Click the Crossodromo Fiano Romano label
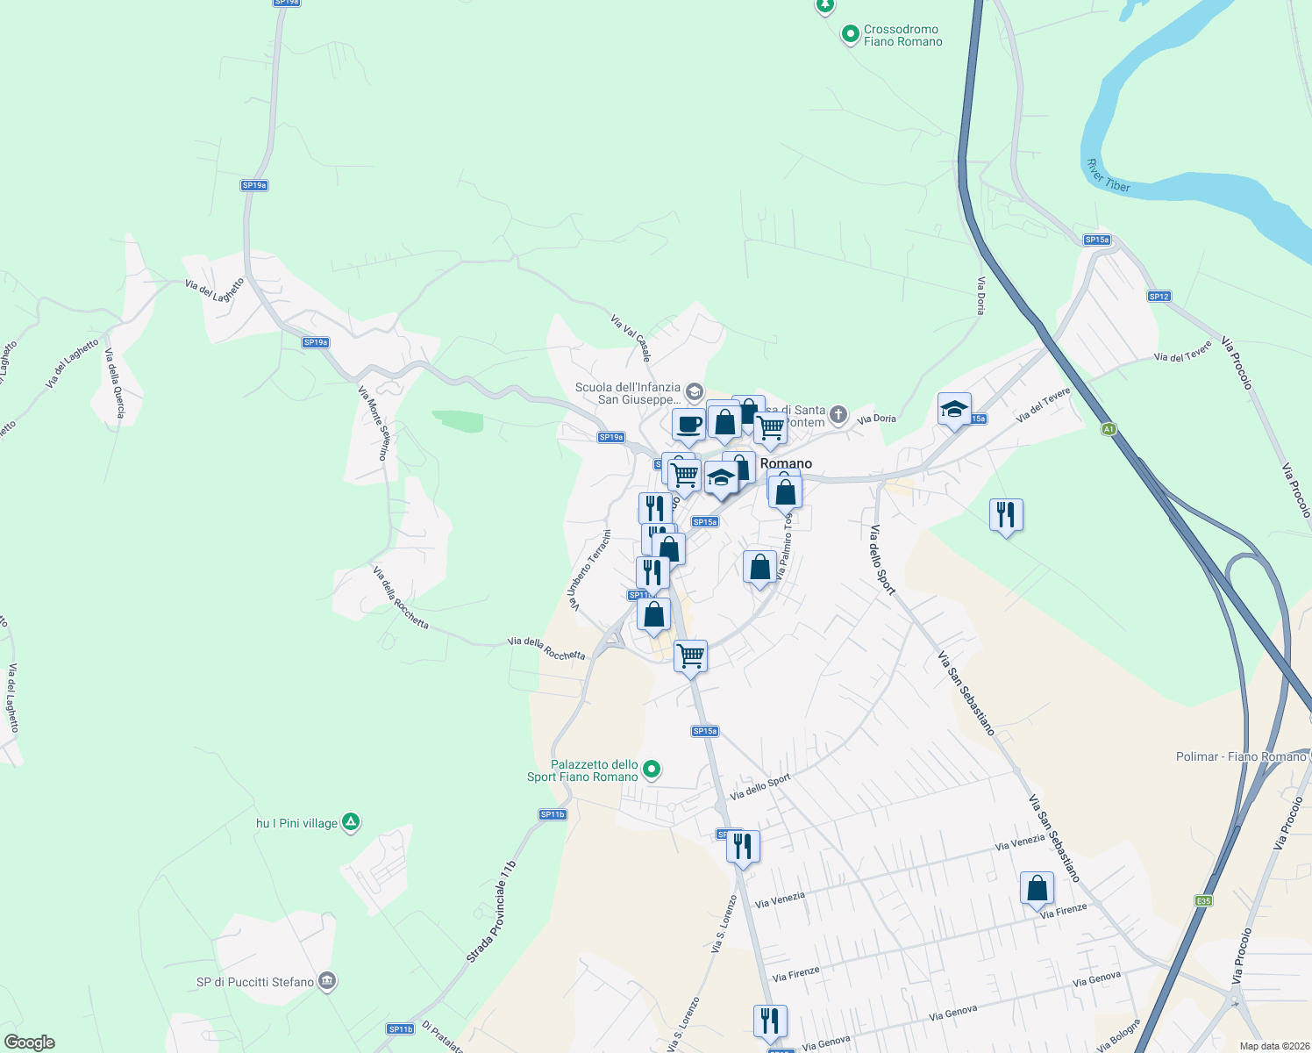902,35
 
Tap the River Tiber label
1108,175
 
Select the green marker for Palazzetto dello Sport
652,770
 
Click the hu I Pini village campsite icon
351,822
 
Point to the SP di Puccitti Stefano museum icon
327,981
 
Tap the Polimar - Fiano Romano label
1241,756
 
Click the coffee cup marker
688,425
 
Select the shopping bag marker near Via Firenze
1037,888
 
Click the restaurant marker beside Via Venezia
743,846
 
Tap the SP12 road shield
1159,297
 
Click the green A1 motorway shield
1109,429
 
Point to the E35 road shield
1203,900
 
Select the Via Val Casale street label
631,337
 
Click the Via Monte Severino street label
373,422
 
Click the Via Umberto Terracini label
588,569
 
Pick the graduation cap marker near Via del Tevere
953,409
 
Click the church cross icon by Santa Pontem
838,414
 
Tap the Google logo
30,1042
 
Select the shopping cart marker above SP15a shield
690,655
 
